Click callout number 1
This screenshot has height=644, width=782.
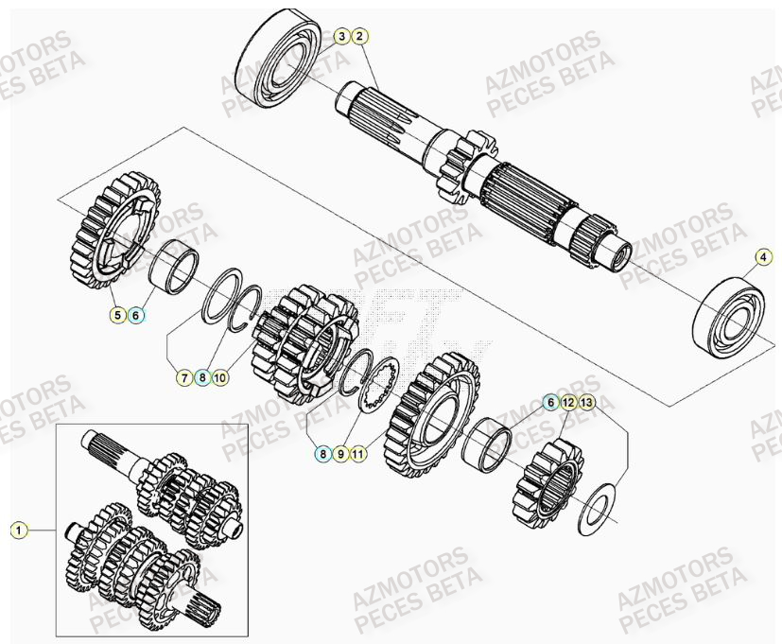click(17, 531)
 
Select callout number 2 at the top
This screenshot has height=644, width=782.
click(359, 37)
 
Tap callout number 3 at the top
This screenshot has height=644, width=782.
click(341, 37)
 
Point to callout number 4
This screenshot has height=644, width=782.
click(762, 256)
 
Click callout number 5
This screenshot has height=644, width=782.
click(117, 315)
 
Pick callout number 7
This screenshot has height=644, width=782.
click(184, 377)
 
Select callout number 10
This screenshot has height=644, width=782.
click(219, 377)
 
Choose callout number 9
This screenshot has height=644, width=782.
click(340, 454)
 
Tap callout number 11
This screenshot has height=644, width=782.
click(358, 454)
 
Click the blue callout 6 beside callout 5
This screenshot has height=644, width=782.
click(135, 315)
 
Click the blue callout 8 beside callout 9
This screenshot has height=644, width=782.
click(322, 454)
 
